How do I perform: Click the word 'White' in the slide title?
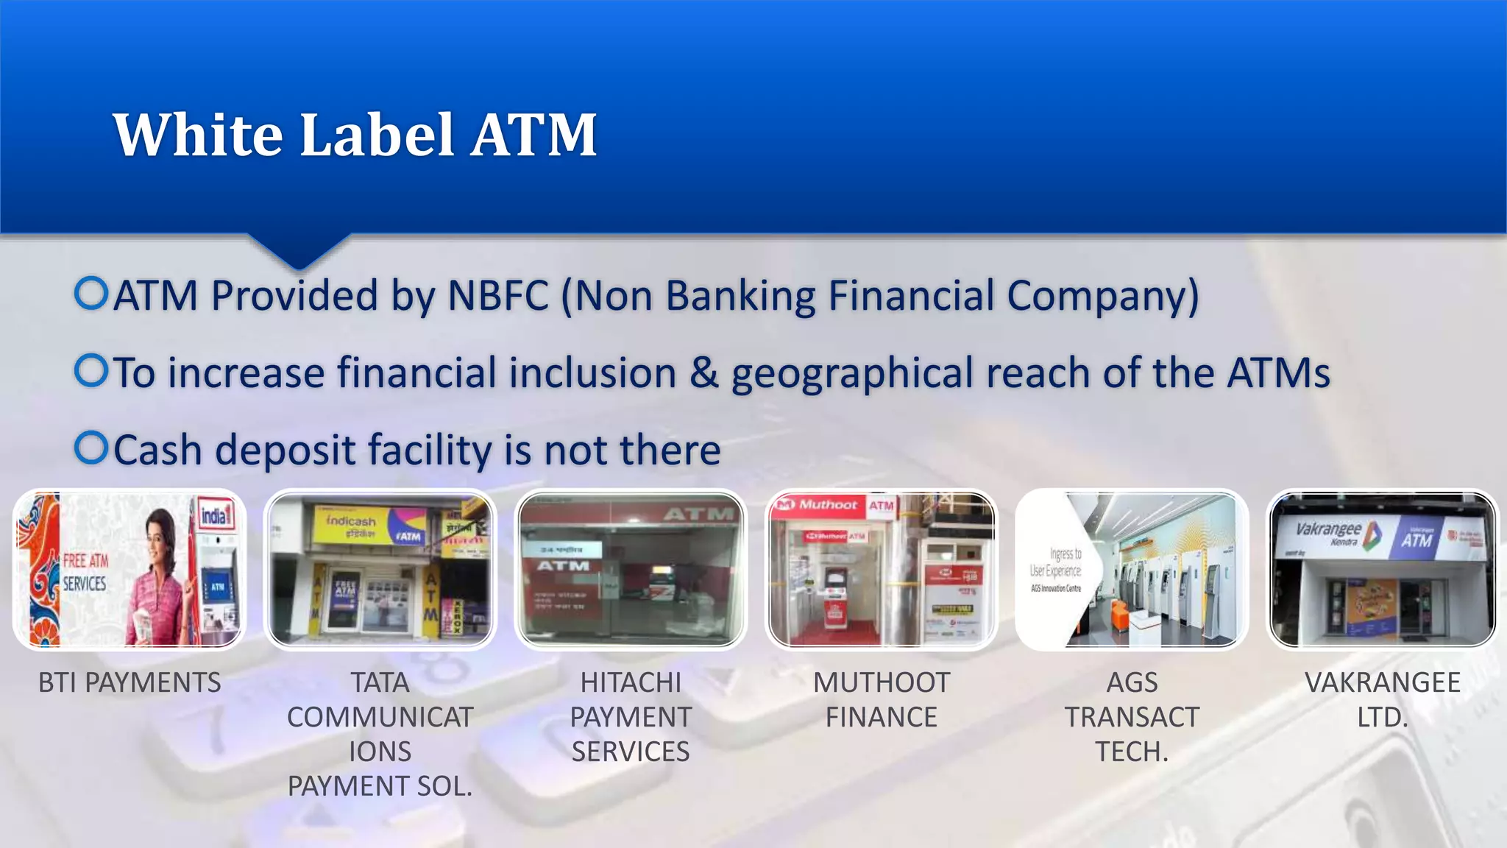(198, 135)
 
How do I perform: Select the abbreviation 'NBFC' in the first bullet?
(498, 296)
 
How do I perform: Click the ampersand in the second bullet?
(703, 372)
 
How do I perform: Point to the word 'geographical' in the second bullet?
(851, 374)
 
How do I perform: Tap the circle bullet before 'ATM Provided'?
(92, 294)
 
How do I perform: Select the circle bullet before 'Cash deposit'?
(92, 448)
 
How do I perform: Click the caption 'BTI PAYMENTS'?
(130, 683)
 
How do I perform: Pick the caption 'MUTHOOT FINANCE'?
(882, 700)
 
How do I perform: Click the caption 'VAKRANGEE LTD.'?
(1383, 700)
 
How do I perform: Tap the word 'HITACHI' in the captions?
(631, 683)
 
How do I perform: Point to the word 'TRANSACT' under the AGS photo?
(1132, 717)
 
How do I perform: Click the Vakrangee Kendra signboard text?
(1329, 532)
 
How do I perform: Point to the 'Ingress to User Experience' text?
(1057, 562)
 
